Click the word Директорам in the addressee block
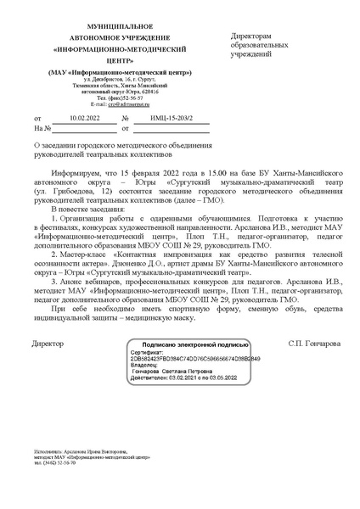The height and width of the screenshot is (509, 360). [x=251, y=37]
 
